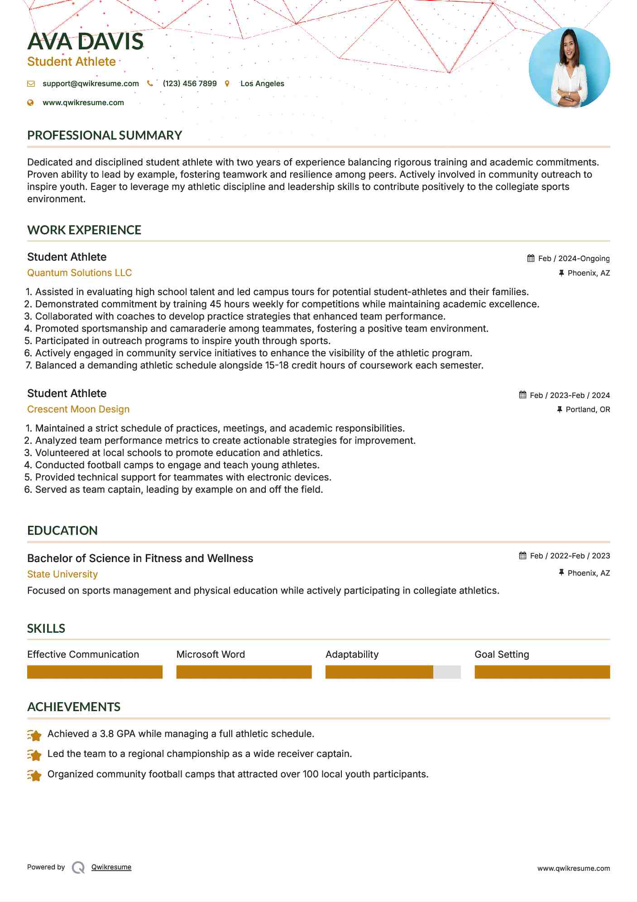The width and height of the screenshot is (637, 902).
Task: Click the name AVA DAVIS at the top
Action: pos(85,41)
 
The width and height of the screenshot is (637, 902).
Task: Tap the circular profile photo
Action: pos(569,68)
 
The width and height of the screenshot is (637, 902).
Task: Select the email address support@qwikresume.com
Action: pos(91,83)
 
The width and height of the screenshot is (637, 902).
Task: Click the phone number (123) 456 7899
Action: pos(190,83)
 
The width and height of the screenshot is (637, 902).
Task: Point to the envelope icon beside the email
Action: pos(31,84)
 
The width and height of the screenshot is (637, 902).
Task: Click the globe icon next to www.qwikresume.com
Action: pos(31,103)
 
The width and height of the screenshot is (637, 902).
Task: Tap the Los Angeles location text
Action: pos(262,83)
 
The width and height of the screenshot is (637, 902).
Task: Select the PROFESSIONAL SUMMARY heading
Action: pos(105,135)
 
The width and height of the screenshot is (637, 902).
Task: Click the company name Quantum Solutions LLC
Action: pos(79,273)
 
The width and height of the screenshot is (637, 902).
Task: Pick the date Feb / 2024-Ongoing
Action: pos(574,258)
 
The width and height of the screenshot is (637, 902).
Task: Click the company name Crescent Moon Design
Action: pos(78,409)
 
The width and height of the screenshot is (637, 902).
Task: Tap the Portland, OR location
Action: pos(588,409)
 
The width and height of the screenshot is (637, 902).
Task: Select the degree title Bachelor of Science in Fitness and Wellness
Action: pos(140,558)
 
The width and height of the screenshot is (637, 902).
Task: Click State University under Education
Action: pos(62,574)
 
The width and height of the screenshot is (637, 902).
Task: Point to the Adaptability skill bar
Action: pos(393,672)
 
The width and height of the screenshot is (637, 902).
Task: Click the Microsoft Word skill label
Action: pos(211,655)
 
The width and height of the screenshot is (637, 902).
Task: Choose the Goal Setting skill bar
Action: pos(542,672)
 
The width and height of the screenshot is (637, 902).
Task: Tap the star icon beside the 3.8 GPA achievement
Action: pos(34,735)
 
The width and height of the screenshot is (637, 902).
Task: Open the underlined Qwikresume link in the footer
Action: pos(111,867)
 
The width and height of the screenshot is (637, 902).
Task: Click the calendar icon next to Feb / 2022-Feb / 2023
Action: pos(523,556)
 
